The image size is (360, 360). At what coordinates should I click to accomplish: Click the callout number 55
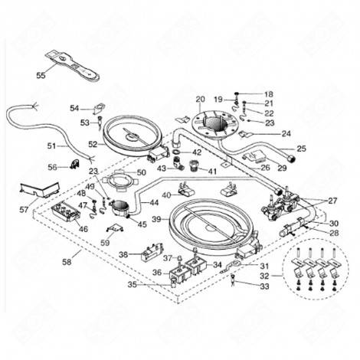pyautogui.click(x=41, y=75)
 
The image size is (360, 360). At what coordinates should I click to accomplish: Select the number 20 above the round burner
pyautogui.click(x=201, y=99)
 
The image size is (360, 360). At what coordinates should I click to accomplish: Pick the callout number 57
pyautogui.click(x=24, y=209)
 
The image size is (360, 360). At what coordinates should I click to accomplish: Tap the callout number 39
pyautogui.click(x=155, y=219)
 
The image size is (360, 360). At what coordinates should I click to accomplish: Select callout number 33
pyautogui.click(x=266, y=286)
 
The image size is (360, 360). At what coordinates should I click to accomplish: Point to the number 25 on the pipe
pyautogui.click(x=301, y=148)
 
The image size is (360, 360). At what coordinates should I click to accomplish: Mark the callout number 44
pyautogui.click(x=154, y=204)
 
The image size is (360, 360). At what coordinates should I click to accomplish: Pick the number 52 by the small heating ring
pyautogui.click(x=93, y=143)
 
